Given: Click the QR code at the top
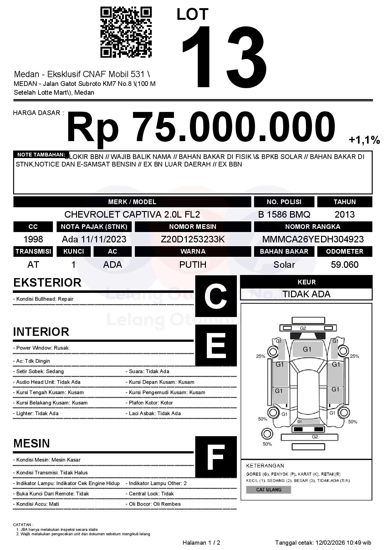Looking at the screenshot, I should (126, 32).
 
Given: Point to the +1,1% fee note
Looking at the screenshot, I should (364, 140).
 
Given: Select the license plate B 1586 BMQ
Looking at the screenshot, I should (284, 214).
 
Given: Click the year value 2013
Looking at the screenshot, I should (345, 214).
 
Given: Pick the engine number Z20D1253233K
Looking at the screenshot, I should (193, 239).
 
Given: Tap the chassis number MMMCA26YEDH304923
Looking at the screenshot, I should (313, 239).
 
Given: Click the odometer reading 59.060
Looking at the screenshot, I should (345, 265).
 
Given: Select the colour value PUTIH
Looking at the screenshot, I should (193, 265).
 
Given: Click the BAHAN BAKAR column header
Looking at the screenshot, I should (284, 251).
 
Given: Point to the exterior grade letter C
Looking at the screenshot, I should (216, 296).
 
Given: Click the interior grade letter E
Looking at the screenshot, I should (216, 345).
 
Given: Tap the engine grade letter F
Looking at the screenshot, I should (216, 457).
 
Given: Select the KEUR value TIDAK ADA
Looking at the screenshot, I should (306, 294).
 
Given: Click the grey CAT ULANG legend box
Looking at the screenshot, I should (268, 489).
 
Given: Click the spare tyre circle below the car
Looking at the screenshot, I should (267, 434).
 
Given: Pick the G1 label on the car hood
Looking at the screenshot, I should (307, 349).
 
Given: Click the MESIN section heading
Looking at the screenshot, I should (32, 443).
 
